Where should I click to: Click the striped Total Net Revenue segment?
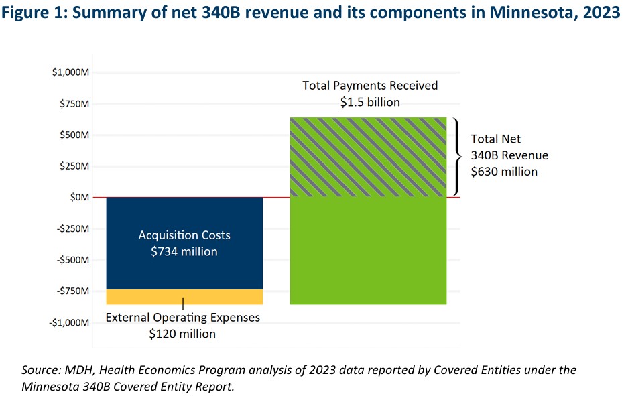[x=368, y=157]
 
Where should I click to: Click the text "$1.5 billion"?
[x=369, y=103]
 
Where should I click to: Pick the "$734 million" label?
[x=184, y=252]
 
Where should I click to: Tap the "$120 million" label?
[x=182, y=334]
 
